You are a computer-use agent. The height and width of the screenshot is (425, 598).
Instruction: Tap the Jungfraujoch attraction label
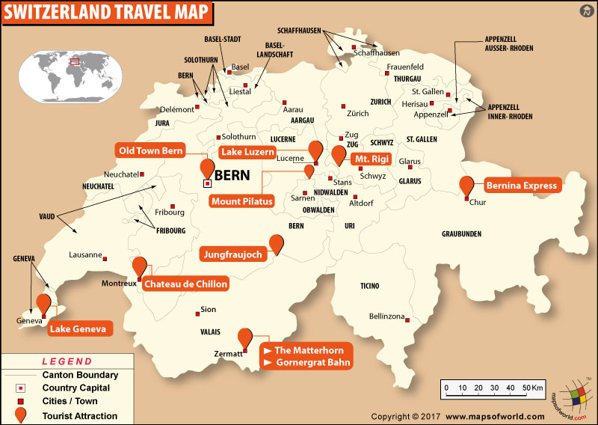point(232,255)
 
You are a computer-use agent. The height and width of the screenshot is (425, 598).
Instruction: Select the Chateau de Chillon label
point(185,284)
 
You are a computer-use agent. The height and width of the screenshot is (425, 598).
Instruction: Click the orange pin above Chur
point(467,185)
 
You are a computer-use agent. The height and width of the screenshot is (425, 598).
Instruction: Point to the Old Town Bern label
point(150,151)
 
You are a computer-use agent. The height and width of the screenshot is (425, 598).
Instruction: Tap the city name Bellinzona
point(386,317)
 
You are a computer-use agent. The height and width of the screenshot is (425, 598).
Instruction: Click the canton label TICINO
point(369,286)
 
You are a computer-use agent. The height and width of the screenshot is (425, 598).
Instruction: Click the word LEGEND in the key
point(67,361)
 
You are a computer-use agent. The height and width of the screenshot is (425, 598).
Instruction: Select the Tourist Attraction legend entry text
point(79,415)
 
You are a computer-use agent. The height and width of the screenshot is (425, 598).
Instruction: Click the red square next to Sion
point(197,313)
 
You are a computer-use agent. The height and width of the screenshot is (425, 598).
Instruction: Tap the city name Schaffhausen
point(376,53)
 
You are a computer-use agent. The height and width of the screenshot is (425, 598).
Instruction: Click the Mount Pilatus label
point(241,201)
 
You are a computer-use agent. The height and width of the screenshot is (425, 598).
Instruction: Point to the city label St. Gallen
point(428,91)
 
